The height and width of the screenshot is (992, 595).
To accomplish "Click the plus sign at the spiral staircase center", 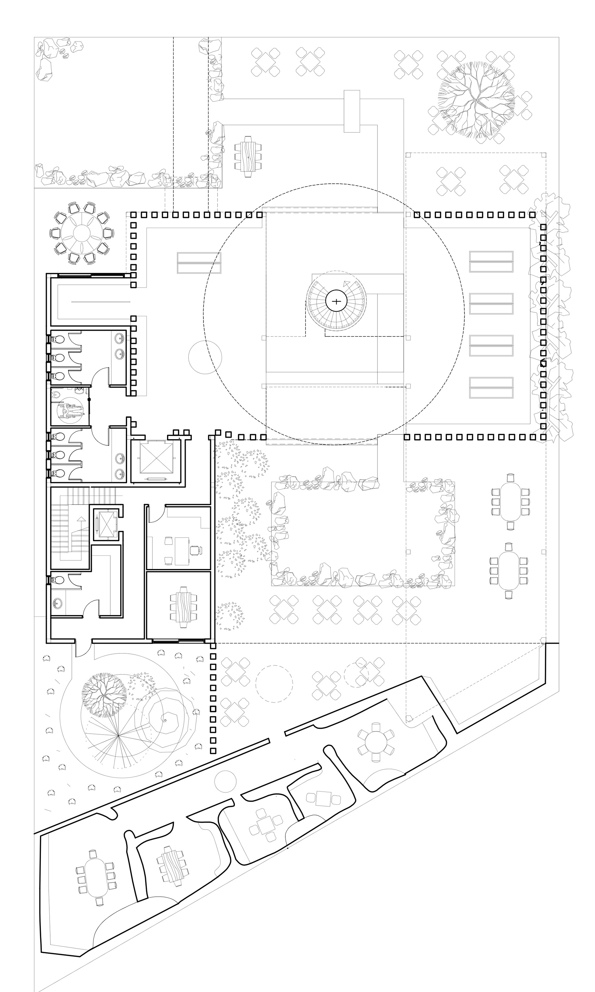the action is (336, 301).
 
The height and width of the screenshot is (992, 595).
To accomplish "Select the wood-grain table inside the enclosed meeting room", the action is (184, 607).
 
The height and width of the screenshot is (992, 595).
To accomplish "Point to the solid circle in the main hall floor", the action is (205, 357).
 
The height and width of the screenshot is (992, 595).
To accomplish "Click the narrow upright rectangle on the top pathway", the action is (352, 111).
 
